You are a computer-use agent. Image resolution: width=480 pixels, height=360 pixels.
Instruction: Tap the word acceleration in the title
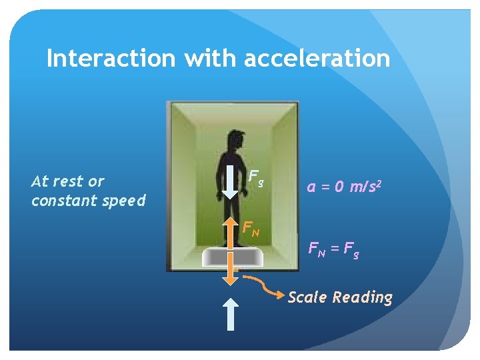click(317, 58)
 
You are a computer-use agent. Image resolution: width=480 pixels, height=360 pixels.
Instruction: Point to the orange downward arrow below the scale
click(230, 271)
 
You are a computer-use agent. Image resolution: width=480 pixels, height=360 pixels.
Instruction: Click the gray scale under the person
click(231, 257)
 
